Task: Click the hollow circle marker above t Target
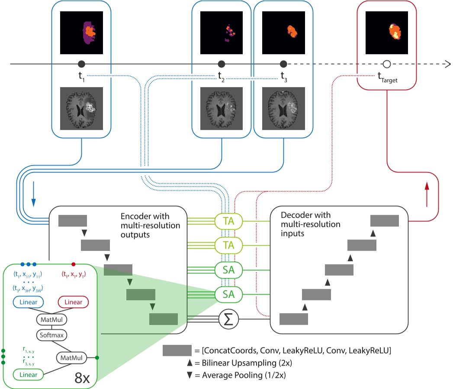pos(387,64)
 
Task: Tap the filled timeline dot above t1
pos(81,64)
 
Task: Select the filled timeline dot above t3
pos(283,64)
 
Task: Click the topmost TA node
pos(228,221)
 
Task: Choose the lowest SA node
pos(228,295)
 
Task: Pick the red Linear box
pos(74,301)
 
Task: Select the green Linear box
pos(28,374)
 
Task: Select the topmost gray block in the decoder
pos(384,220)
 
